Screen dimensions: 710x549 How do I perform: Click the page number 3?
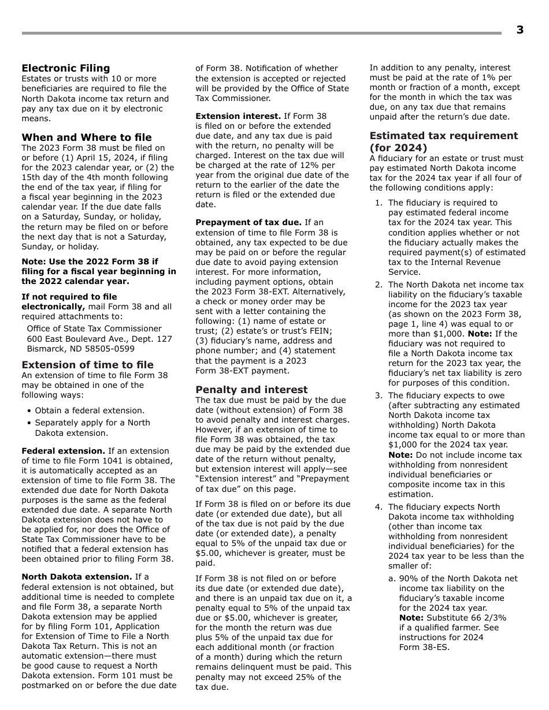point(520,30)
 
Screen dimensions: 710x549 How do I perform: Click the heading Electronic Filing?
point(65,68)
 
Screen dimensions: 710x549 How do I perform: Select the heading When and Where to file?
point(87,137)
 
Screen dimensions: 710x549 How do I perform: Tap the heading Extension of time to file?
point(87,365)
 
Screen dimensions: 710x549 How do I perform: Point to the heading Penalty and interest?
point(251,390)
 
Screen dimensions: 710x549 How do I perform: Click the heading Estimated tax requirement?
point(444,136)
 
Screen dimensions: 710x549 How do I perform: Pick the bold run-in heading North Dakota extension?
point(77,577)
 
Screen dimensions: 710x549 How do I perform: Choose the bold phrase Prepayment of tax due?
point(248,222)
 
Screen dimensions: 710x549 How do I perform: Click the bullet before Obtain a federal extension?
point(29,411)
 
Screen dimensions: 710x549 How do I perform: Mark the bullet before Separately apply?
point(29,423)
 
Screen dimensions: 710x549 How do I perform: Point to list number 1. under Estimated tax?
point(379,203)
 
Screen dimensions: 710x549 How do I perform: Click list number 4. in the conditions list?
point(379,507)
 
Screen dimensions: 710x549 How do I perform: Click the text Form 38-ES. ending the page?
point(424,647)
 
